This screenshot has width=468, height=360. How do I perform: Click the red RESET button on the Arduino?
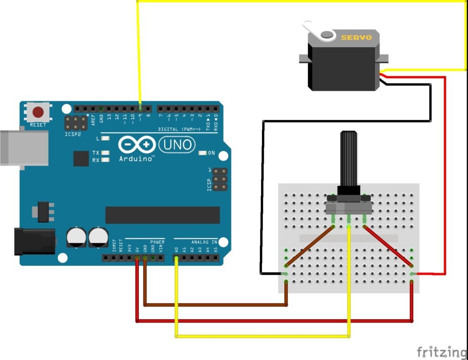(38, 112)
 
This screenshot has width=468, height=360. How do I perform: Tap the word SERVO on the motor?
(356, 38)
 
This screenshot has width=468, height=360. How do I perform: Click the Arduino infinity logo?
(136, 145)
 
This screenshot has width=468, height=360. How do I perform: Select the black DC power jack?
(34, 242)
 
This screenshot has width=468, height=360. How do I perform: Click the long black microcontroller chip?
(162, 215)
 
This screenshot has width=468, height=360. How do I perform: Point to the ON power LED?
(202, 153)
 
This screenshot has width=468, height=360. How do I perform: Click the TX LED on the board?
(106, 153)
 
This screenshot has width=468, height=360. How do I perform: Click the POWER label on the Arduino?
(157, 242)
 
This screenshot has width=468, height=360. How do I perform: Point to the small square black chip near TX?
(81, 159)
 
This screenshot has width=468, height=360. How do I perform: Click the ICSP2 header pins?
(73, 123)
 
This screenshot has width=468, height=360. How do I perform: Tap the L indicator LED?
(106, 138)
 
